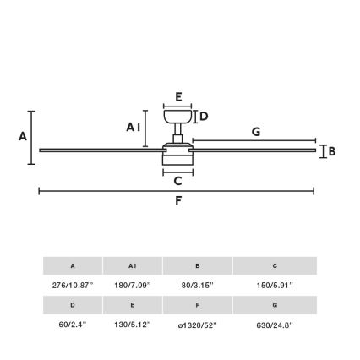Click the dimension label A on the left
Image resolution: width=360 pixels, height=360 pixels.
click(23, 136)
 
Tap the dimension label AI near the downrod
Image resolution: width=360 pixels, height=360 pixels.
click(134, 127)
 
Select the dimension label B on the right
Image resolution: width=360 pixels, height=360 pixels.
click(331, 151)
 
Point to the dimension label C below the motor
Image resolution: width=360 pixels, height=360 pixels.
click(177, 181)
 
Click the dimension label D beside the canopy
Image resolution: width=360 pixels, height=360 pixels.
click(203, 116)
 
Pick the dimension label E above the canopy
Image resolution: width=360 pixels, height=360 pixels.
click(177, 97)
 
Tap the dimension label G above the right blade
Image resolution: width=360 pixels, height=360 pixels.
click(255, 131)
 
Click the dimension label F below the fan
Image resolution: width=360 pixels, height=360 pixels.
click(177, 200)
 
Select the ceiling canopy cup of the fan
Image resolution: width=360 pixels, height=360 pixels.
click(177, 117)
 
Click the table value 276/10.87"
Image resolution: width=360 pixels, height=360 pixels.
click(73, 285)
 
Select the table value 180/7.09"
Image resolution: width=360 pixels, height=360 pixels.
click(133, 285)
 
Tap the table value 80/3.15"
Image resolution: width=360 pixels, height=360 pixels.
click(198, 285)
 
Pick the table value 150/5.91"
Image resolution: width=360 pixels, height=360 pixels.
click(275, 285)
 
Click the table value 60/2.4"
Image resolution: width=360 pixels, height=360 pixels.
click(73, 323)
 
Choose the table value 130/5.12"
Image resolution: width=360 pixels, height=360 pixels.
click(133, 323)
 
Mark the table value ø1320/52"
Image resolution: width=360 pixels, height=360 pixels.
click(198, 323)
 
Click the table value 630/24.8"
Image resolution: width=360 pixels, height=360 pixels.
click(275, 323)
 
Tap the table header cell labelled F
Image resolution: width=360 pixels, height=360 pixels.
click(198, 304)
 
